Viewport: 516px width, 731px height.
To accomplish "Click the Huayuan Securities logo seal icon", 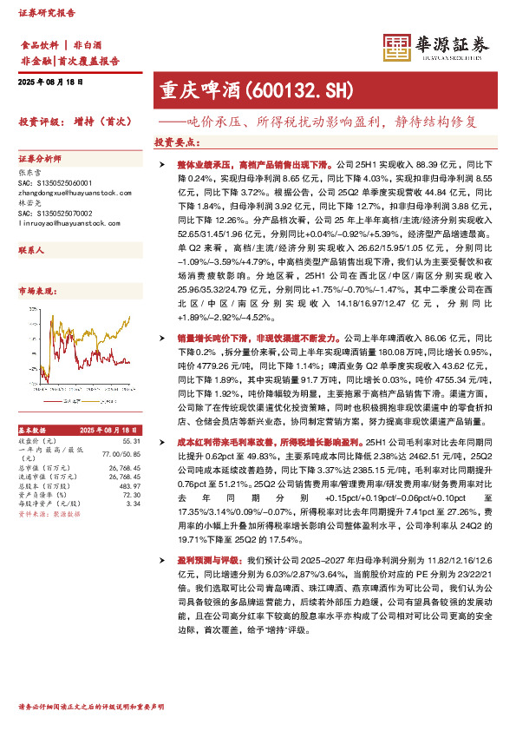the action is coord(396,48).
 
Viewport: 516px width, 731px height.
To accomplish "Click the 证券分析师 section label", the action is coord(40,159).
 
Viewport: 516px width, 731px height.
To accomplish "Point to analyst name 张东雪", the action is coord(30,172).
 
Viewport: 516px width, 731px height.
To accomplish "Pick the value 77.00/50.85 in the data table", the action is coord(121,454).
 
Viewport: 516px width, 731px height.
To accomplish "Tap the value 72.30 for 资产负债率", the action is coord(133,494).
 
